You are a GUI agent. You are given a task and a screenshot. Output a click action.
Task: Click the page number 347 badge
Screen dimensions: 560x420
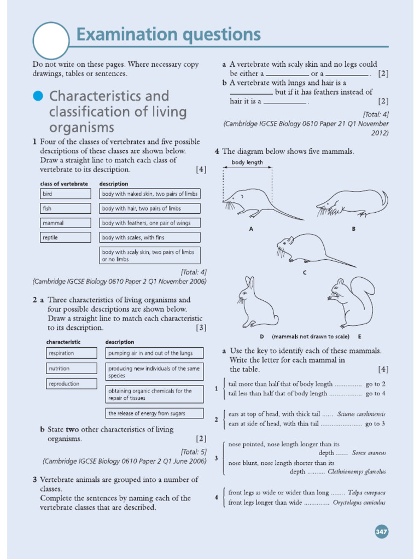381,531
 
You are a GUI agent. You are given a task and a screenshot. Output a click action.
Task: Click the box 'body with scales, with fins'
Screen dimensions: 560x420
149,237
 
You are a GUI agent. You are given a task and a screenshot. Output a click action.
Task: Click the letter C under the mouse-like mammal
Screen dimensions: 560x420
304,272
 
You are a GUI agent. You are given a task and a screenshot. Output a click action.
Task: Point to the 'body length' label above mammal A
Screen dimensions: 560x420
247,162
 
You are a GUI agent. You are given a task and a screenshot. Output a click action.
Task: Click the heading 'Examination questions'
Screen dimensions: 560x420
168,35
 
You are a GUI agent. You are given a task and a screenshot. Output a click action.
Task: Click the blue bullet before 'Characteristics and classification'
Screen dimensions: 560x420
38,96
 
